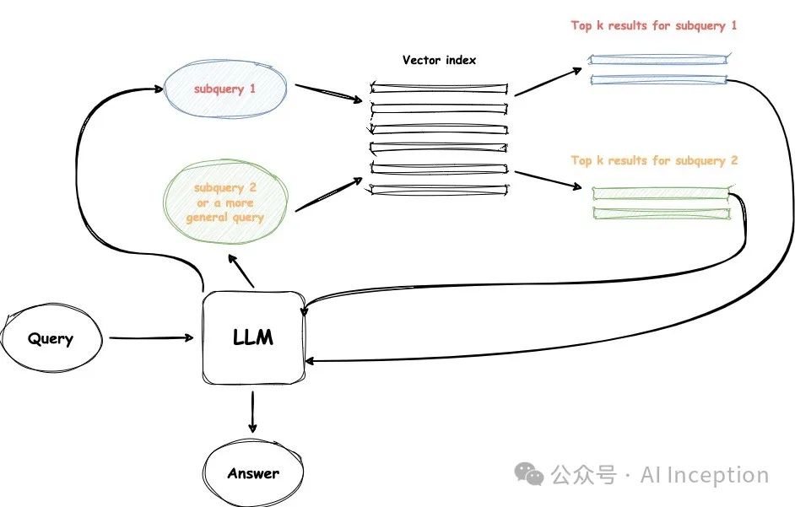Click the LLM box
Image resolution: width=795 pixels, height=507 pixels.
[x=253, y=338]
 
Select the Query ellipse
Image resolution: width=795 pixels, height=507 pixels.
[x=51, y=339]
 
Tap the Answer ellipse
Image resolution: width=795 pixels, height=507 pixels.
[x=252, y=473]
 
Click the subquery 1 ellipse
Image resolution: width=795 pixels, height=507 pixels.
[x=224, y=89]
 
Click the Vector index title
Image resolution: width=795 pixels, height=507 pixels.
[x=439, y=60]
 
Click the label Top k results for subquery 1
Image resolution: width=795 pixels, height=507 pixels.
[x=654, y=26]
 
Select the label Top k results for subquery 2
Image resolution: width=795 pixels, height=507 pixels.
[x=654, y=160]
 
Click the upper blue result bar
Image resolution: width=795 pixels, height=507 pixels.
[x=657, y=59]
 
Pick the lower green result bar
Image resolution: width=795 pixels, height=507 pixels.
[x=660, y=213]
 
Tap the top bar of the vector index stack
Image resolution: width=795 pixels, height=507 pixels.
[x=439, y=87]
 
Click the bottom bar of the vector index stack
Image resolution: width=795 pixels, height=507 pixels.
[x=439, y=189]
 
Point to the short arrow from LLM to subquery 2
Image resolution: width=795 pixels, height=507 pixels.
[x=242, y=272]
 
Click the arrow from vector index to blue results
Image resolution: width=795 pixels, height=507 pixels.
[x=549, y=81]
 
